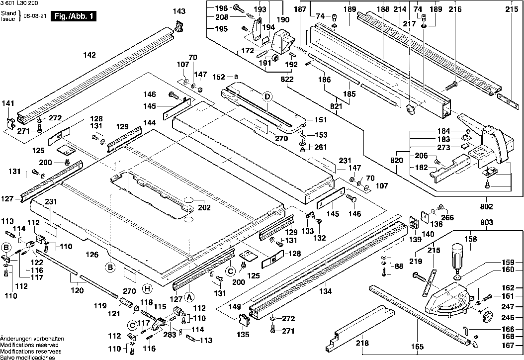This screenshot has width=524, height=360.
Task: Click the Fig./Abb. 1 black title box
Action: tap(73, 16)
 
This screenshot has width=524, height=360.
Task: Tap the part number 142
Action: tap(89, 55)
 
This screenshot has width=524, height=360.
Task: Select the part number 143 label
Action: tap(179, 11)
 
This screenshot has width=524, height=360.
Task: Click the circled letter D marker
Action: tap(267, 97)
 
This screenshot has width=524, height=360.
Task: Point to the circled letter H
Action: tap(147, 289)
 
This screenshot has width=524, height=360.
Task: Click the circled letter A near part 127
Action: tap(189, 297)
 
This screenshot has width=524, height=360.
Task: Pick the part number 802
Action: tap(486, 206)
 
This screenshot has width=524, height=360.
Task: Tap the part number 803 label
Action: tap(487, 222)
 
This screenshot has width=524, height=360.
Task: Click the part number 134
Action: tap(325, 291)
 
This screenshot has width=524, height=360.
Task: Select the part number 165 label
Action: tap(418, 347)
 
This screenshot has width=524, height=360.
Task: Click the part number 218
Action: tap(362, 343)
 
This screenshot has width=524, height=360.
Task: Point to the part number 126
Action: tap(92, 255)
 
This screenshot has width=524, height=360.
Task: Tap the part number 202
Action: tap(204, 207)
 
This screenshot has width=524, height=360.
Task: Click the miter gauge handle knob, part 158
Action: tap(458, 256)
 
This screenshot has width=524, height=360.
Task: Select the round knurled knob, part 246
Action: tap(488, 317)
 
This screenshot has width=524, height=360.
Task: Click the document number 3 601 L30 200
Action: tap(19, 3)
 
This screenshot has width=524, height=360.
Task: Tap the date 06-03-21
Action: tap(35, 16)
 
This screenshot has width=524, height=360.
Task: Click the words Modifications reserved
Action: tap(29, 345)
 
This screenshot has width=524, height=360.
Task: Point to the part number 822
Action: tap(287, 79)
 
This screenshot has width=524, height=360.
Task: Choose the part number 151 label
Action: tap(321, 120)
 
